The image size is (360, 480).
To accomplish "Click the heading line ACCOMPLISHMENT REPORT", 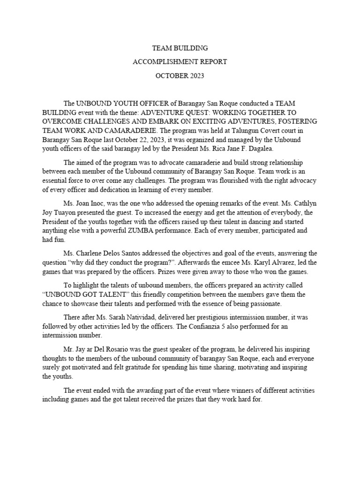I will [x=180, y=61].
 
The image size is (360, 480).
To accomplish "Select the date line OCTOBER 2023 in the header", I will [x=180, y=75].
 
